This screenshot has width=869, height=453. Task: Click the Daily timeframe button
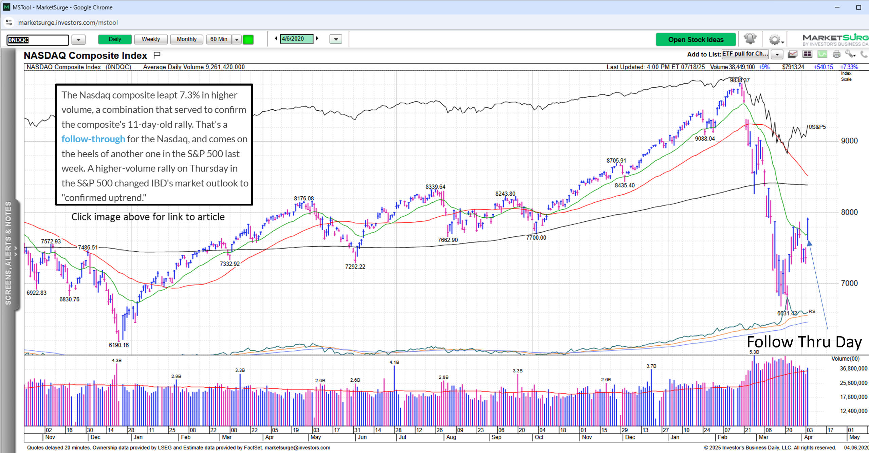(x=115, y=39)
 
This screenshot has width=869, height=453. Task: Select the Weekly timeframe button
(x=151, y=39)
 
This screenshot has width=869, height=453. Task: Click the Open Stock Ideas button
(x=696, y=40)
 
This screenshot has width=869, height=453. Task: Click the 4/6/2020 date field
(x=296, y=39)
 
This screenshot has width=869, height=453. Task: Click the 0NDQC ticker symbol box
(x=37, y=40)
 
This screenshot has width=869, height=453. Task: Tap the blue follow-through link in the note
(x=93, y=139)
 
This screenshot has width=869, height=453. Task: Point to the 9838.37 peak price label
(x=739, y=80)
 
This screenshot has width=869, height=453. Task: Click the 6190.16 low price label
(x=118, y=345)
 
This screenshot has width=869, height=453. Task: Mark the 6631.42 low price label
(x=787, y=313)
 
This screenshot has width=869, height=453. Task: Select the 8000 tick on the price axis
(x=849, y=212)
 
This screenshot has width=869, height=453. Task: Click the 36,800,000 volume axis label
(x=853, y=368)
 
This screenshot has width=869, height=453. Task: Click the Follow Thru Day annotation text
(x=804, y=342)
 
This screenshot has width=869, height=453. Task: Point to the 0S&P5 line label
(x=817, y=127)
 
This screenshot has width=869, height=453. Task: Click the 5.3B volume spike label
(x=754, y=352)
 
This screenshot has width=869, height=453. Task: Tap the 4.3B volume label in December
(x=116, y=360)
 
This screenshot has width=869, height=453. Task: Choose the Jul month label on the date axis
(x=402, y=437)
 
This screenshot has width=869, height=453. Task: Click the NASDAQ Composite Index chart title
(x=85, y=55)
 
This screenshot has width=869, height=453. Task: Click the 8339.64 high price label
(x=435, y=187)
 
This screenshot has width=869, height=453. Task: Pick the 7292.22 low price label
(x=355, y=267)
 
